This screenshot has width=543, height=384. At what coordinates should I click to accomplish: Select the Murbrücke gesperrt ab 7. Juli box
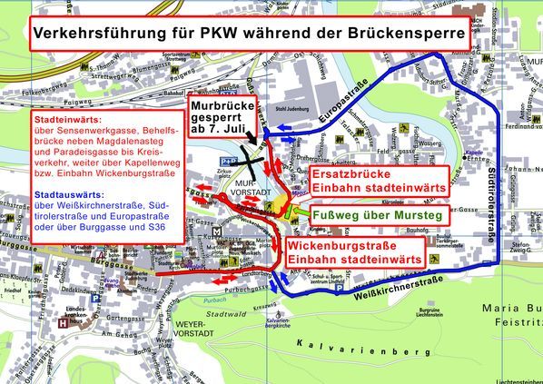[223, 118]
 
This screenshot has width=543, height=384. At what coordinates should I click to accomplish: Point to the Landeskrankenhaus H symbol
[61, 320]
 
